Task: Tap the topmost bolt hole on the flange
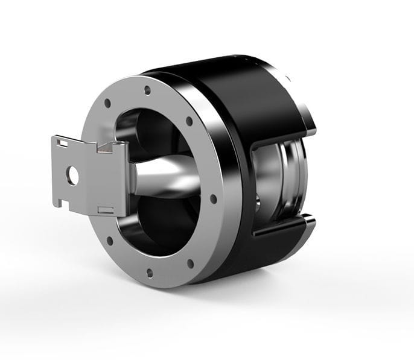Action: click(x=147, y=91)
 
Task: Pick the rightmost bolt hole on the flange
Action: click(x=212, y=198)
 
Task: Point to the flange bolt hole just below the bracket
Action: click(x=110, y=241)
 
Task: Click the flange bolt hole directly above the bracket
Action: click(x=107, y=103)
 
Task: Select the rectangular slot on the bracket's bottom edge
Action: click(x=105, y=209)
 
